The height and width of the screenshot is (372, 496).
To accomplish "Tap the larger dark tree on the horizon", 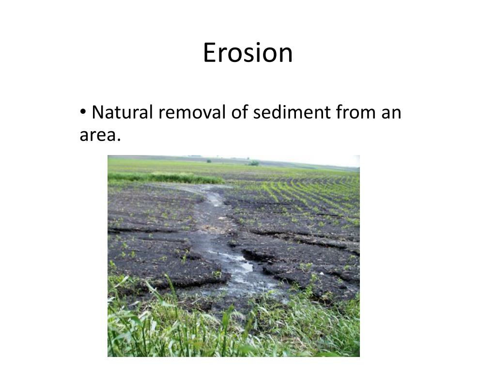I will tap(254, 163).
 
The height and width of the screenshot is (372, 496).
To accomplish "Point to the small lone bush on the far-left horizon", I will tap(208, 160).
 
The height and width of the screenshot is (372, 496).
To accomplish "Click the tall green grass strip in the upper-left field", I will tap(160, 178).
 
